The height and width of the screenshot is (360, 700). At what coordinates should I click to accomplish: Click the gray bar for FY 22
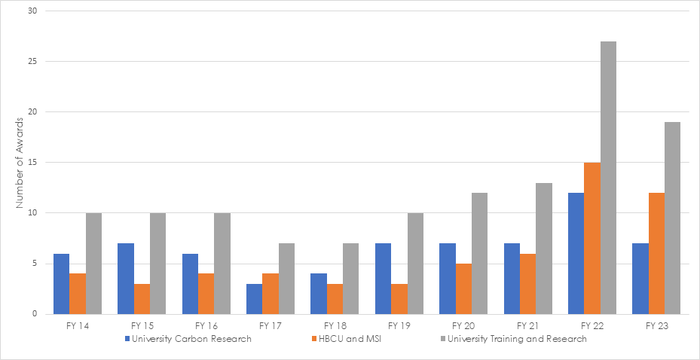(x=608, y=178)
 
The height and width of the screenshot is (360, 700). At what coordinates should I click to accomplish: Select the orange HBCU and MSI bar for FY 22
(x=592, y=238)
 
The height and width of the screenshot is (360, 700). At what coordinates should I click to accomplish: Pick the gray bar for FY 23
(x=672, y=218)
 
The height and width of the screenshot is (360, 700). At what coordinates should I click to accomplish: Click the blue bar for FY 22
(x=576, y=253)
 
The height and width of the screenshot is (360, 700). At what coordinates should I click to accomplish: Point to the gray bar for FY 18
(x=350, y=279)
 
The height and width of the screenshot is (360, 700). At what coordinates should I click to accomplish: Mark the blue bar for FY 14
(x=62, y=283)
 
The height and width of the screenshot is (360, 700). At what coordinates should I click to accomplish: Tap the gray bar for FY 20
(x=479, y=253)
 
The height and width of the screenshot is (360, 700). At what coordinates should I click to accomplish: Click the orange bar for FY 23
(x=656, y=253)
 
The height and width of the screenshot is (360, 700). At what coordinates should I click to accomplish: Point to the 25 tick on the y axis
(x=34, y=62)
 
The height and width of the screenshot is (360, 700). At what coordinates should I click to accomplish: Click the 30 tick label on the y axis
(x=34, y=11)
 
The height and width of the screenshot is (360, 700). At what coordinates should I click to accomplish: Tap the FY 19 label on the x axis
(x=399, y=326)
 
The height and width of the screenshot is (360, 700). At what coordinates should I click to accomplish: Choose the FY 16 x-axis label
(x=206, y=326)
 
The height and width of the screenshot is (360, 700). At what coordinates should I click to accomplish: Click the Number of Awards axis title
(x=21, y=163)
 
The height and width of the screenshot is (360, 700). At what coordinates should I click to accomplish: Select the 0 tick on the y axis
(x=36, y=314)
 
